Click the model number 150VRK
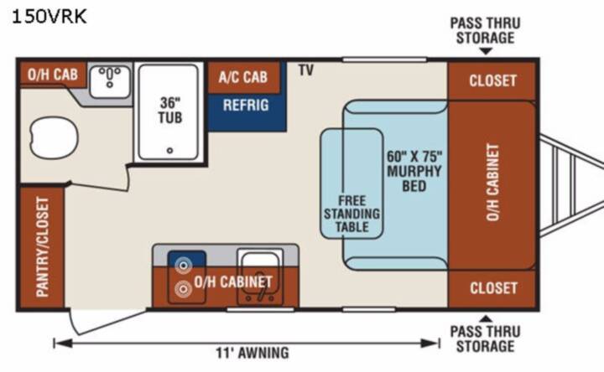coord(49,17)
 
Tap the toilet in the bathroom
coord(54,137)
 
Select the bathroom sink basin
coord(110,81)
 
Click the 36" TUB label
coord(170,110)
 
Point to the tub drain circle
coord(169,151)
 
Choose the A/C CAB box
coord(243,77)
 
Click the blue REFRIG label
coord(246,105)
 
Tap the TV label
coord(306,70)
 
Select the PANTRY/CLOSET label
coord(43,247)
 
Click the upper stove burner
coord(183,266)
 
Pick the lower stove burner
coord(183,289)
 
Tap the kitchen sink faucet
coord(261,293)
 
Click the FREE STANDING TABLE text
coord(351,214)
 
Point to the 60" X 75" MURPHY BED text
coord(414,171)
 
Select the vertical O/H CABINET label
coord(492,183)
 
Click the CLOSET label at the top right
coord(492,80)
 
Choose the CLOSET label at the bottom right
coord(493,288)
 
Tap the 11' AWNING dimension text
coord(253,353)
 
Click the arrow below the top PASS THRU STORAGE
coord(486,51)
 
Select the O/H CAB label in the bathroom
coord(53,75)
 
